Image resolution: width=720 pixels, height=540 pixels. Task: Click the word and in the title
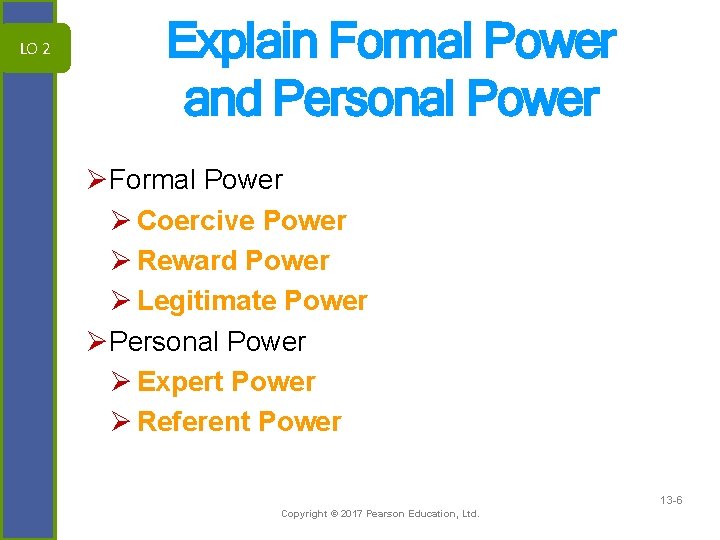222,99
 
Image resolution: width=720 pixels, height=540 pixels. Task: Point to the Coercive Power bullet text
241,221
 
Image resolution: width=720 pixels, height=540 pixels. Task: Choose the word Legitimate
207,301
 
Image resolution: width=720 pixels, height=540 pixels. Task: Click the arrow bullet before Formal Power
97,180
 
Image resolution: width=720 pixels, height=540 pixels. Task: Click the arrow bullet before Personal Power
97,341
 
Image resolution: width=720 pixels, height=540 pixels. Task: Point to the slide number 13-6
671,499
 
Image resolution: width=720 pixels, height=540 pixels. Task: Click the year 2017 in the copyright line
350,514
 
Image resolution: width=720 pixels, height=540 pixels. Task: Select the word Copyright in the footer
304,514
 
